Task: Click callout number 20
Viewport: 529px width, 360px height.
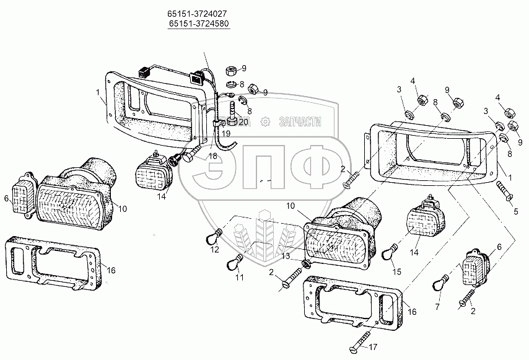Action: point(243,121)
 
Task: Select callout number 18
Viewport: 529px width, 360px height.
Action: point(213,157)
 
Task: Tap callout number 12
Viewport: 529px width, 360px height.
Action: point(216,250)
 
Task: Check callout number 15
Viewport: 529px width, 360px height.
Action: point(397,271)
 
